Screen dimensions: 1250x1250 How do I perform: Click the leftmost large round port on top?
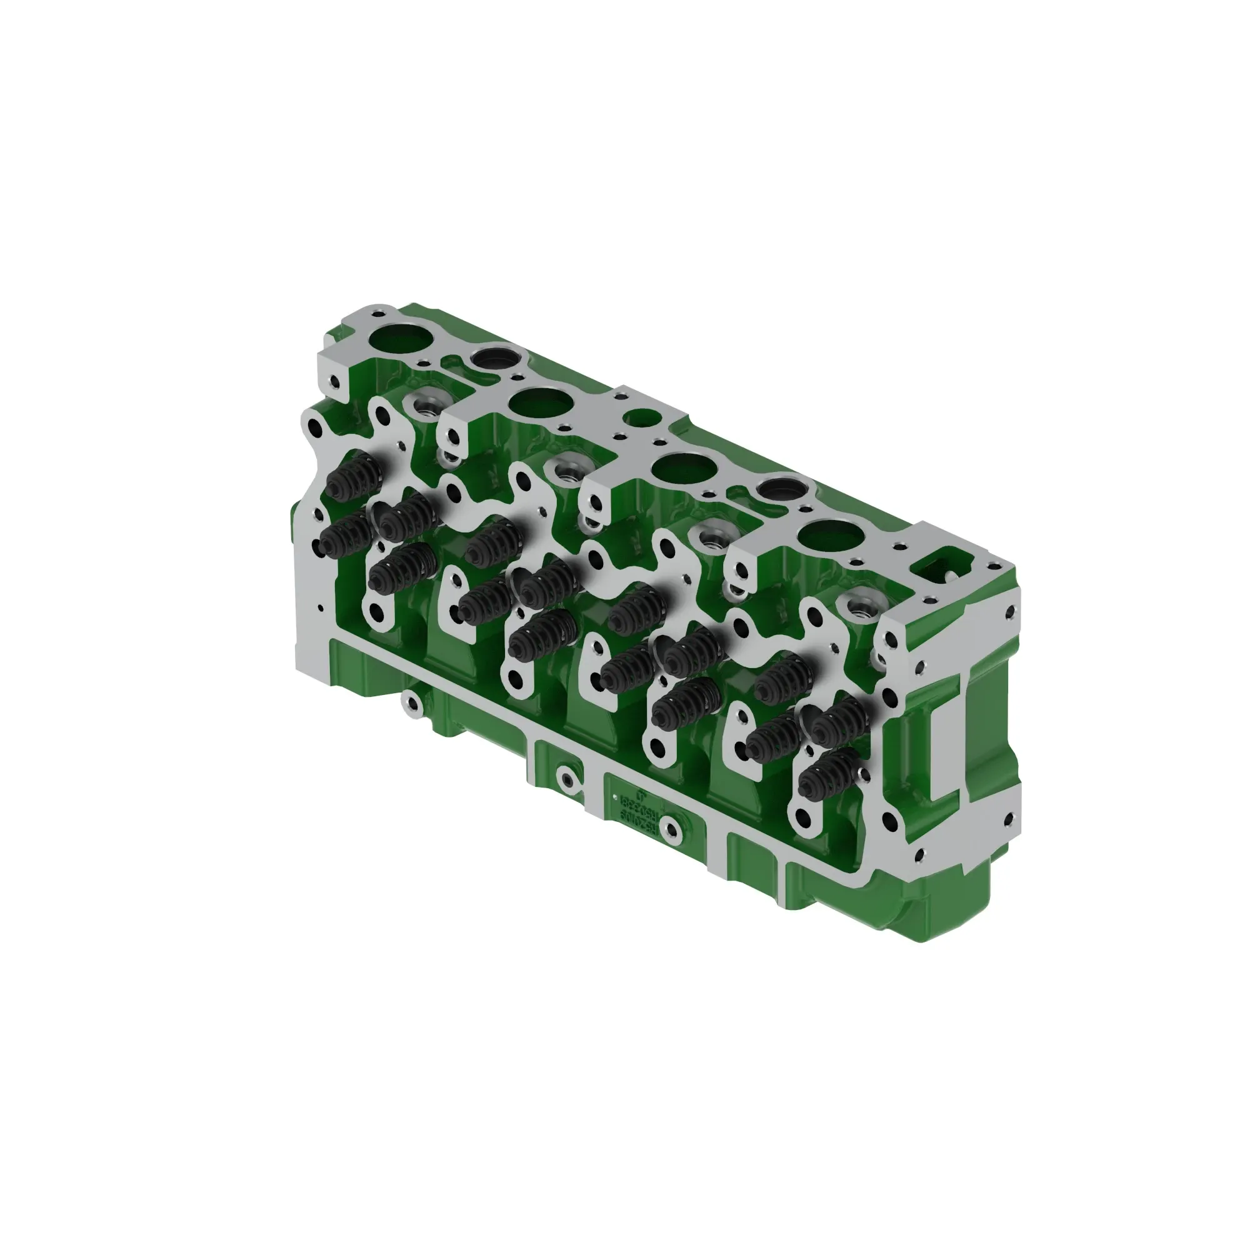(399, 341)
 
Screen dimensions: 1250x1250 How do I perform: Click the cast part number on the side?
(647, 813)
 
